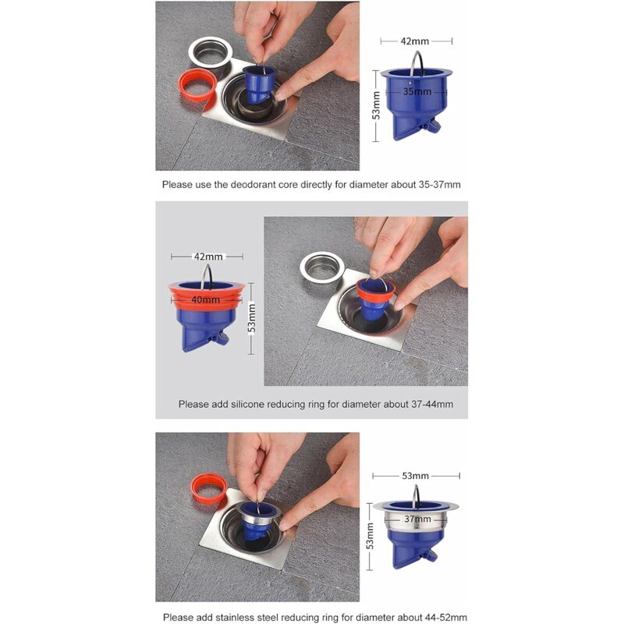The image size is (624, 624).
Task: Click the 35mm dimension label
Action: [417, 91]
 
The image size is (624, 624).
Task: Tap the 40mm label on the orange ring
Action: [205, 300]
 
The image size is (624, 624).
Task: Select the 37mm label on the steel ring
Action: [417, 519]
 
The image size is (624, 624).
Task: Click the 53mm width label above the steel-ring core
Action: [415, 476]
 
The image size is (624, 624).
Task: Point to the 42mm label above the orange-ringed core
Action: [208, 257]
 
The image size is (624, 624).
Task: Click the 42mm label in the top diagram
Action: [415, 41]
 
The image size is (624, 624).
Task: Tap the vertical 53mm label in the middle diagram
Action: [251, 318]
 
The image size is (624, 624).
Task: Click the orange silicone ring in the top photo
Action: [197, 86]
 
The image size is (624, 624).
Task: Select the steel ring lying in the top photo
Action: [210, 51]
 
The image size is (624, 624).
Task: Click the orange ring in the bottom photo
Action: [208, 488]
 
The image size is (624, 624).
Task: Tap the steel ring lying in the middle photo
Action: [321, 267]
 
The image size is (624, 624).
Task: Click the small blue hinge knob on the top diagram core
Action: [432, 126]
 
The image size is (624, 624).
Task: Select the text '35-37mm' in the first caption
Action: [439, 185]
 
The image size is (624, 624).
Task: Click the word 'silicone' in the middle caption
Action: [247, 404]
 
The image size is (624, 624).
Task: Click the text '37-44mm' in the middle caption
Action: [432, 404]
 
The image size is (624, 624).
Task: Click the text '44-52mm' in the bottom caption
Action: [446, 617]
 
